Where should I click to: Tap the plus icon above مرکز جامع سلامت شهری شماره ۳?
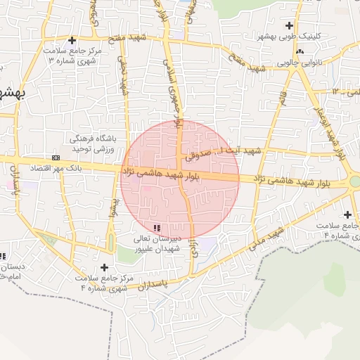(72, 40)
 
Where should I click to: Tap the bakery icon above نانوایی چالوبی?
(300, 52)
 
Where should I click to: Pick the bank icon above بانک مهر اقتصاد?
(56, 157)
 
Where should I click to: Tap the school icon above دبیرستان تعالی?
(156, 228)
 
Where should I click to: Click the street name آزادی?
(192, 250)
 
